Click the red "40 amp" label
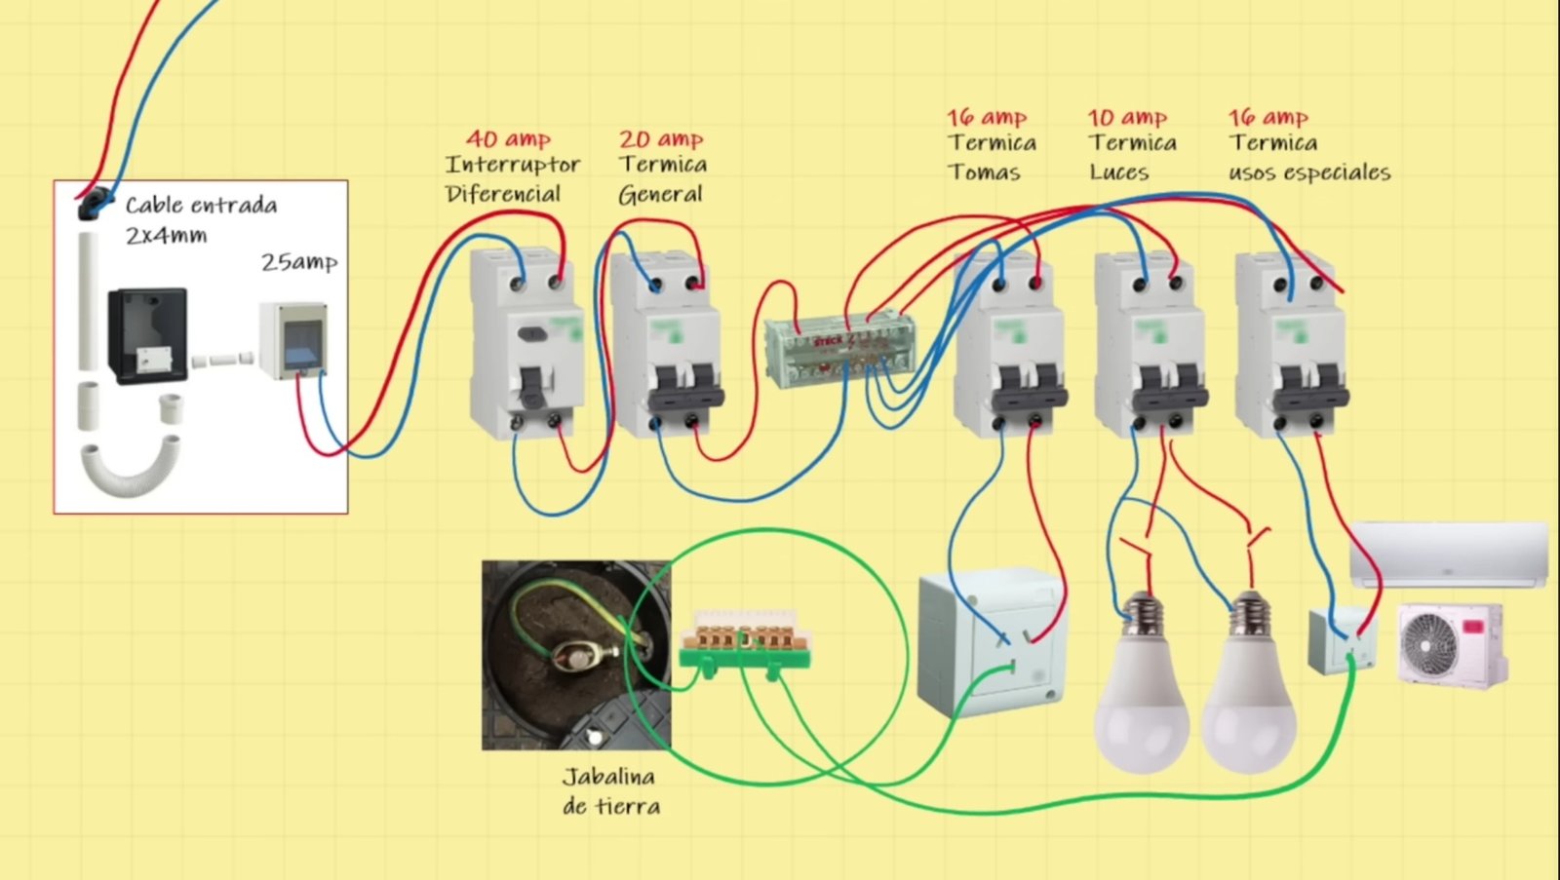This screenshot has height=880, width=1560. pyautogui.click(x=508, y=138)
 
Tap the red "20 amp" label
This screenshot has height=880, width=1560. pyautogui.click(x=661, y=139)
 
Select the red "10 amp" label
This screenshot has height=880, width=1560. pyautogui.click(x=1127, y=118)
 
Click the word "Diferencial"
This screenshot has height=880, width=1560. pyautogui.click(x=503, y=194)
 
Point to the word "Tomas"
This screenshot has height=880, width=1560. pyautogui.click(x=985, y=172)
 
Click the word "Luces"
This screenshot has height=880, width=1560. pyautogui.click(x=1119, y=172)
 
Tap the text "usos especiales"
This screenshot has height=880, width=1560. pyautogui.click(x=1309, y=172)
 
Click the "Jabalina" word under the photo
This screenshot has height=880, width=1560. pyautogui.click(x=608, y=777)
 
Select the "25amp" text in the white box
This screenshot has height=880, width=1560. pyautogui.click(x=299, y=262)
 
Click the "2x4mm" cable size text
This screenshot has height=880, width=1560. pyautogui.click(x=166, y=235)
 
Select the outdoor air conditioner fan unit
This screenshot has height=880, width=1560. pyautogui.click(x=1452, y=643)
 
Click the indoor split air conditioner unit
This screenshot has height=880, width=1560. pyautogui.click(x=1448, y=554)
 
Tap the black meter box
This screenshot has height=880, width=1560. pyautogui.click(x=147, y=334)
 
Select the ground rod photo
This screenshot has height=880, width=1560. pyautogui.click(x=575, y=654)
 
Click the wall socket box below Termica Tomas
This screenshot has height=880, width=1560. pyautogui.click(x=990, y=642)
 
